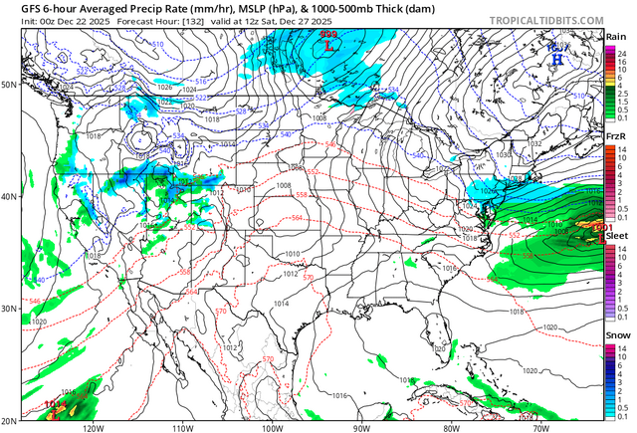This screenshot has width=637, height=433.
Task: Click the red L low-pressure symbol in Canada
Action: point(326,45)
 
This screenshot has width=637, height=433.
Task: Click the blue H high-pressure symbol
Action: point(556,59)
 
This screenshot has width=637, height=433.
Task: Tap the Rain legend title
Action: point(616,37)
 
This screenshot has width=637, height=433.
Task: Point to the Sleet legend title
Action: point(616,235)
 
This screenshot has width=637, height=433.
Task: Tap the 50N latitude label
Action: point(9,85)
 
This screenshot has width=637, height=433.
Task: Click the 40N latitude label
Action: point(9,196)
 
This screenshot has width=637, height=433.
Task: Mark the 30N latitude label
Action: point(9,309)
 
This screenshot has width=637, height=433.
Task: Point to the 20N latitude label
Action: point(9,420)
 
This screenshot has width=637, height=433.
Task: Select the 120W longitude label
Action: point(94,427)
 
